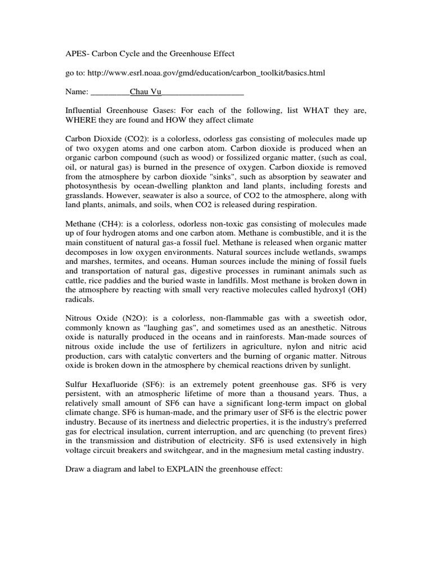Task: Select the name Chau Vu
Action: coord(145,91)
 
